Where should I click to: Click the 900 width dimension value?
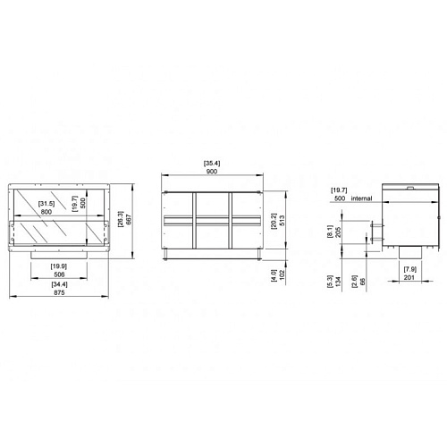click(212, 172)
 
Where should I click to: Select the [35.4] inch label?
click(212, 164)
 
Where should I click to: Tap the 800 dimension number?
click(46, 212)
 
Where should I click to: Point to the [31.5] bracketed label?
click(46, 204)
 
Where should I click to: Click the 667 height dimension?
click(129, 220)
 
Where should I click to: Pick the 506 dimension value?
click(59, 274)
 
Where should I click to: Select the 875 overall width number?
click(59, 292)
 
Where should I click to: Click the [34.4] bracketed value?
click(59, 284)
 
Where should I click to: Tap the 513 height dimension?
click(283, 220)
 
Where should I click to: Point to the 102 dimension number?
click(283, 274)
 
